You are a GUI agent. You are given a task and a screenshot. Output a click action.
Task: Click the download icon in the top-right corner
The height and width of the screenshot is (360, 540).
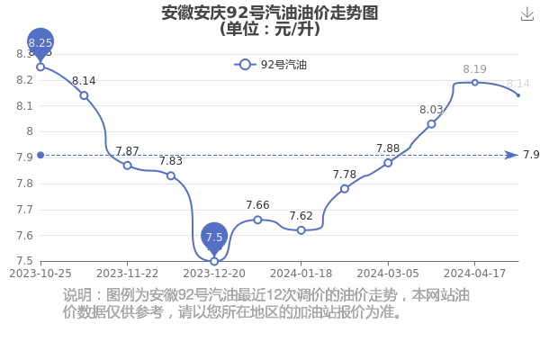pyautogui.click(x=526, y=14)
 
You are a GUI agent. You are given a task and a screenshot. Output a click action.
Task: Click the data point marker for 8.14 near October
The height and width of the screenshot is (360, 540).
pyautogui.click(x=84, y=95)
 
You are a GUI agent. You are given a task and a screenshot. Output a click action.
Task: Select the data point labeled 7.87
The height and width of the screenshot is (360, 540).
pyautogui.click(x=128, y=166)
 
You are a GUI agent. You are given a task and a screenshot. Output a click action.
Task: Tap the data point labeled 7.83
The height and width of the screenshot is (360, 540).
pyautogui.click(x=171, y=175)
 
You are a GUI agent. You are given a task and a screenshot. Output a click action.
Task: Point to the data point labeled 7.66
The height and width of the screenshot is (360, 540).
pyautogui.click(x=257, y=220)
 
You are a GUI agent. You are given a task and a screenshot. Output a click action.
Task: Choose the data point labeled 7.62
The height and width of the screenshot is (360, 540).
pyautogui.click(x=301, y=230)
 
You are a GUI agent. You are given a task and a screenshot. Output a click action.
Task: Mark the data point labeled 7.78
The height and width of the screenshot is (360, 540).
pyautogui.click(x=345, y=189)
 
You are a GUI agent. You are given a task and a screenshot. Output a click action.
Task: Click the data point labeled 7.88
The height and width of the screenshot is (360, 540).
pyautogui.click(x=388, y=163)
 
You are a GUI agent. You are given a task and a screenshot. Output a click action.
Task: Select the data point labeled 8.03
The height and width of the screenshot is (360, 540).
pyautogui.click(x=431, y=124)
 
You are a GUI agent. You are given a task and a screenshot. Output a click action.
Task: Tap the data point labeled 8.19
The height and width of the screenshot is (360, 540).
pyautogui.click(x=474, y=83)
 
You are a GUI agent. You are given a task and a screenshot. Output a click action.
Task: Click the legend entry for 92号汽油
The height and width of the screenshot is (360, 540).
pyautogui.click(x=270, y=65)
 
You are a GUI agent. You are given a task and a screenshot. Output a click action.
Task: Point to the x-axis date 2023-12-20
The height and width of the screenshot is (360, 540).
pyautogui.click(x=214, y=274)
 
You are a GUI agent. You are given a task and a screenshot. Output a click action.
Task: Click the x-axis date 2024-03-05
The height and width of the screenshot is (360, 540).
pyautogui.click(x=388, y=274)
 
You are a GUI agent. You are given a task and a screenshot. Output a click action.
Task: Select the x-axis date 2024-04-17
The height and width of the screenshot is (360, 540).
pyautogui.click(x=474, y=274)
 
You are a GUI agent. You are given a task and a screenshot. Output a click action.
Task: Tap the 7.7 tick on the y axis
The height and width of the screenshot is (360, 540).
pyautogui.click(x=25, y=210)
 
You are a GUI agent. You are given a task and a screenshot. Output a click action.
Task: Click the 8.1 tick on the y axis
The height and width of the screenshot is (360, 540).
pyautogui.click(x=25, y=106)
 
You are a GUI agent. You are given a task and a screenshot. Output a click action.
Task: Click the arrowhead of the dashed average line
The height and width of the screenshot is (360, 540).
pyautogui.click(x=511, y=156)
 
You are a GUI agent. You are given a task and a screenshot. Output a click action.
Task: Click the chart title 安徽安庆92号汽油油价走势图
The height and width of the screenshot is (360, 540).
pyautogui.click(x=270, y=13)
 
